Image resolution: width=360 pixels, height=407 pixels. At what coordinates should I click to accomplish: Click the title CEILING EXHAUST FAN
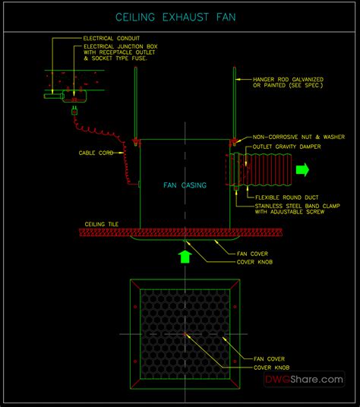tap(180, 17)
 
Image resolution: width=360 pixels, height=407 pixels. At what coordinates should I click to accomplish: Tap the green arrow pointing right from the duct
tap(302, 170)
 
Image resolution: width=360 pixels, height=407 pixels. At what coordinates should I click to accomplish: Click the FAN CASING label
tap(185, 185)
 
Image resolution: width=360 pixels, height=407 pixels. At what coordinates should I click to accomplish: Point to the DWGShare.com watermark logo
tap(303, 379)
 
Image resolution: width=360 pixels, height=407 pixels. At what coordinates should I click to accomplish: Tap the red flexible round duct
tap(265, 169)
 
